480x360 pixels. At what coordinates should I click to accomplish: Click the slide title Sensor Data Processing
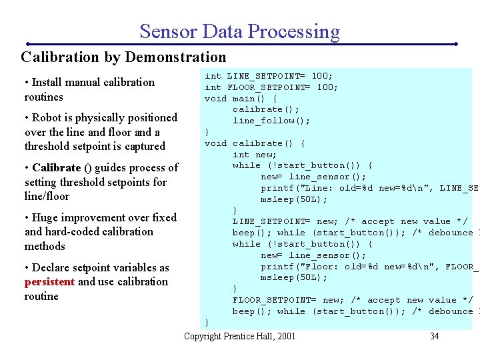(x=239, y=31)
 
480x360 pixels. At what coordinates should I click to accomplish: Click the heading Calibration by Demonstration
(x=123, y=57)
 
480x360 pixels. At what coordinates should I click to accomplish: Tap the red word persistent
(x=49, y=282)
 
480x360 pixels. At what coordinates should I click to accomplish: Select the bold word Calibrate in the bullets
(x=57, y=168)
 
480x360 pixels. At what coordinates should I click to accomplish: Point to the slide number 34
(x=434, y=336)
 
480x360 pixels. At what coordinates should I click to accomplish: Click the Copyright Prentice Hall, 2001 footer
(x=239, y=336)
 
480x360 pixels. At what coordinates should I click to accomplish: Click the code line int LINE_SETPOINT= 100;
(x=269, y=76)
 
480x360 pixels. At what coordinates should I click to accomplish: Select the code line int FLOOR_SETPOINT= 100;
(x=271, y=87)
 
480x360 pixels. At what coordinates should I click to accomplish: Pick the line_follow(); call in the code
(x=271, y=121)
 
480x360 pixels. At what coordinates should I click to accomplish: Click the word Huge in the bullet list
(x=45, y=218)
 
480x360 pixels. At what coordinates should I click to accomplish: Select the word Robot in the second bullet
(x=47, y=118)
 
